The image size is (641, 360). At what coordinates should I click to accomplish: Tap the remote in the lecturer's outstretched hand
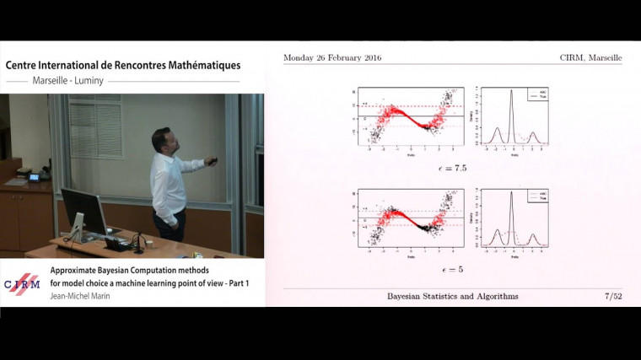pyautogui.click(x=213, y=160)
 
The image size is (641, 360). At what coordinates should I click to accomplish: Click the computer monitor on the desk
pyautogui.click(x=83, y=210)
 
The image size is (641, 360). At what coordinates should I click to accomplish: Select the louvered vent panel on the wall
pyautogui.click(x=95, y=126)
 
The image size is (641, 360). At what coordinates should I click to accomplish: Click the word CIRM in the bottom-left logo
pyautogui.click(x=23, y=284)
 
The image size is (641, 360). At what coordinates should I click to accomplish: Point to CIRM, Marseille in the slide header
pyautogui.click(x=590, y=57)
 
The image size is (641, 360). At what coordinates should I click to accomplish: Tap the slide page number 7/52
pyautogui.click(x=613, y=296)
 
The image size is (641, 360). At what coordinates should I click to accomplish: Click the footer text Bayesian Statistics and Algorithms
pyautogui.click(x=453, y=296)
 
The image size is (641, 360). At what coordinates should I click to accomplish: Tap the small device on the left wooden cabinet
pyautogui.click(x=35, y=177)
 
